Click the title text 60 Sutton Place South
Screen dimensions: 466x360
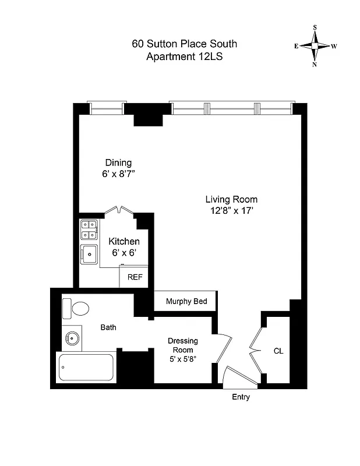point(184,44)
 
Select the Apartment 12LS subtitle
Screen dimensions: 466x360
point(184,57)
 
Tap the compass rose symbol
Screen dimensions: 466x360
point(315,46)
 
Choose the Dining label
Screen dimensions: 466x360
point(118,163)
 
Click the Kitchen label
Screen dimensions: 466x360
point(124,241)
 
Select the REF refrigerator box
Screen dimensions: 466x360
point(135,277)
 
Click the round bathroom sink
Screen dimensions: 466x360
point(72,338)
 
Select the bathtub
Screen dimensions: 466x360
point(86,367)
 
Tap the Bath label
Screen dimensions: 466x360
point(108,327)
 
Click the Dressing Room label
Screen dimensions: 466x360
point(183,345)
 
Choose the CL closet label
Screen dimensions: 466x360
point(278,351)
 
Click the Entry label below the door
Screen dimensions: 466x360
point(241,397)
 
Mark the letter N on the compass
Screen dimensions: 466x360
point(315,65)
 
